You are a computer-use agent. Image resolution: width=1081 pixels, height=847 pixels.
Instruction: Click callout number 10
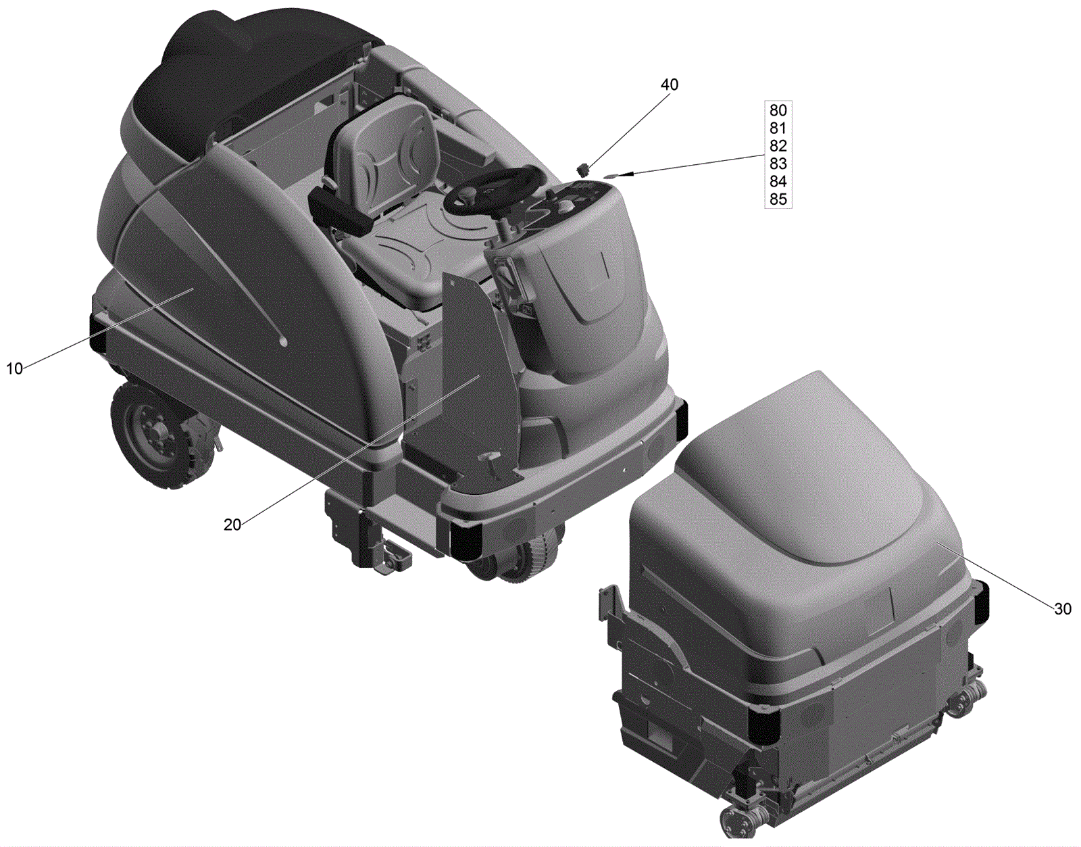click(x=14, y=369)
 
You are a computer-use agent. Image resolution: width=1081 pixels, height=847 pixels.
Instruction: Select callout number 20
click(x=232, y=525)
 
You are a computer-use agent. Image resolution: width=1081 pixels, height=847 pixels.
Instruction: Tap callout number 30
click(x=1063, y=609)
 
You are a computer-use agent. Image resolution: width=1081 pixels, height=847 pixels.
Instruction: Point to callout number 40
click(x=669, y=84)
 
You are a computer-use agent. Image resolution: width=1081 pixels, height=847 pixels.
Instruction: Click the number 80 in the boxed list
click(x=778, y=110)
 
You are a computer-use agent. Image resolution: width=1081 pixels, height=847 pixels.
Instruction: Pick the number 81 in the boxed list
click(x=778, y=128)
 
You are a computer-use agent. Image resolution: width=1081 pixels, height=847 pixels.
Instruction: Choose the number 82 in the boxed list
click(x=778, y=146)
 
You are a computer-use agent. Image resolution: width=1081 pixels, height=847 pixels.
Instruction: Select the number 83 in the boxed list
click(x=778, y=164)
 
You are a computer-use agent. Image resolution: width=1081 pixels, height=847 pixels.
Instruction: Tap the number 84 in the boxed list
click(x=778, y=181)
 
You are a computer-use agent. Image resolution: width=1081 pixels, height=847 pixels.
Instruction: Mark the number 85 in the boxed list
click(x=778, y=199)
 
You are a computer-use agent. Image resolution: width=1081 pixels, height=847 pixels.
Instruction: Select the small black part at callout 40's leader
click(x=583, y=170)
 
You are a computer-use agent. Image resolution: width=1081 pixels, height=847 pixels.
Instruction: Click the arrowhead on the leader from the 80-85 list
click(x=613, y=176)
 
